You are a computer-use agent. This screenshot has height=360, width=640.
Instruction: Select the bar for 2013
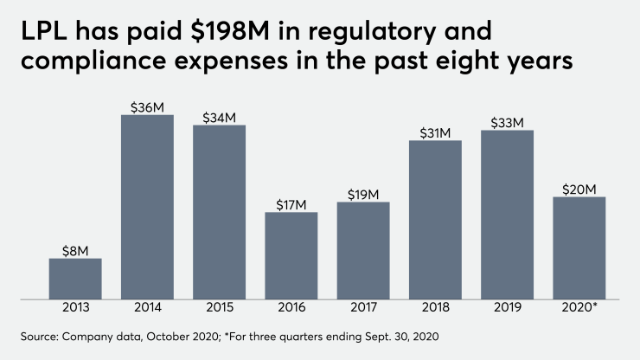click(x=75, y=279)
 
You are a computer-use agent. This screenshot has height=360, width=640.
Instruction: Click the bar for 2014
click(x=147, y=208)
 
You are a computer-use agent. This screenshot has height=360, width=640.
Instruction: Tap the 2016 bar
click(x=291, y=255)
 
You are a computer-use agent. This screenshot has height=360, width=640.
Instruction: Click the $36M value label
click(x=147, y=107)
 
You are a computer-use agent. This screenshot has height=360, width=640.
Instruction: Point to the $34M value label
click(x=219, y=117)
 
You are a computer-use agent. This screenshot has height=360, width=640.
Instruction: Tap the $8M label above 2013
click(x=75, y=250)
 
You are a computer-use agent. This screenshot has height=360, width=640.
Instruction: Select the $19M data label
click(x=363, y=194)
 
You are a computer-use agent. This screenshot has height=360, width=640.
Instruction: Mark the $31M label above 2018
click(x=435, y=132)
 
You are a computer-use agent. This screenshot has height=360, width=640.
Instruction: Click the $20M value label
click(x=579, y=189)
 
